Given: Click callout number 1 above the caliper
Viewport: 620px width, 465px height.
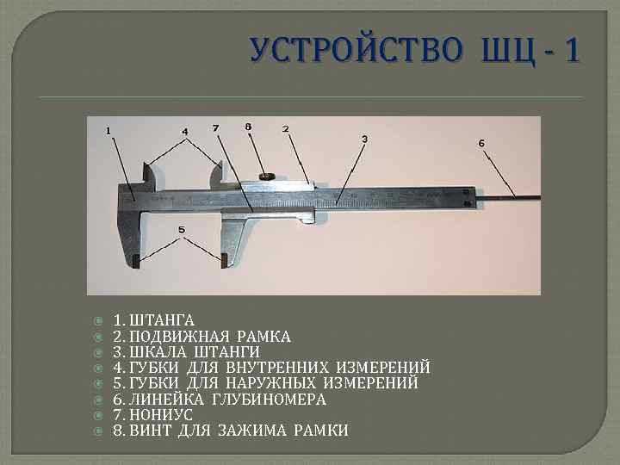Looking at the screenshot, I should coord(108,131).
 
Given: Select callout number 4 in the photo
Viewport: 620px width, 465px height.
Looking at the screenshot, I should coord(184,132).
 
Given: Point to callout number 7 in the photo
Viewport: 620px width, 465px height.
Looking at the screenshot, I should coord(215,128).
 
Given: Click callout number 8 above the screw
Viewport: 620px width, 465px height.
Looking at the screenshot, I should coord(249,127).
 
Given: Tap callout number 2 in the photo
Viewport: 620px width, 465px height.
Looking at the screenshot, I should coord(285,129).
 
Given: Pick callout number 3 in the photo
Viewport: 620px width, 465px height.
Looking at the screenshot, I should coord(364,139).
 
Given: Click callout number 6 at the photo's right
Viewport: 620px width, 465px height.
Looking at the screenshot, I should coord(481,142).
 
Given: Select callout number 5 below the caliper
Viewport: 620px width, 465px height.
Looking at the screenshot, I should coord(182,230).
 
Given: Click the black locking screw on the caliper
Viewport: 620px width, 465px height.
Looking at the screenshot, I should coord(266,177).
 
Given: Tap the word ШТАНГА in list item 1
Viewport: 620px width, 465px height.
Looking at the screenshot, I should coord(159,320).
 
